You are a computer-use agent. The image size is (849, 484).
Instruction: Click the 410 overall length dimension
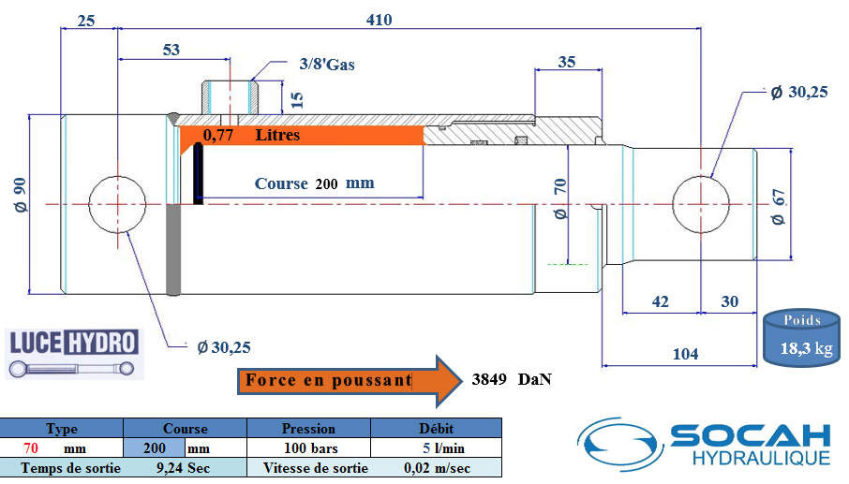pos(379,20)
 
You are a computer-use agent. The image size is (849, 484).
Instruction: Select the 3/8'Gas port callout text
pos(327,65)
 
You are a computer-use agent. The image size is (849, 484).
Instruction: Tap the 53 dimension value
pos(171,50)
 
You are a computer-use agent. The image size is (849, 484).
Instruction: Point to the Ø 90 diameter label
pos(20,195)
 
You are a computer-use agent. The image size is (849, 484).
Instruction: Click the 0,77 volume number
pos(218,135)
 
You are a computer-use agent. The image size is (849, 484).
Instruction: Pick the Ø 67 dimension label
pos(778,207)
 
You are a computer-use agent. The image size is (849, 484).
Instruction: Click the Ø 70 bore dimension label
pos(560,198)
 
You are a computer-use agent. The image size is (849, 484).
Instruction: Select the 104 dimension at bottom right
pos(686,354)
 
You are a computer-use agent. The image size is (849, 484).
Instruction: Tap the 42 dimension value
pos(660,301)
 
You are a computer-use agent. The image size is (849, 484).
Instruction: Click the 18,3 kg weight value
pos(806,348)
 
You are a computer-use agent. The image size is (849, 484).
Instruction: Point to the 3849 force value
pos(489,379)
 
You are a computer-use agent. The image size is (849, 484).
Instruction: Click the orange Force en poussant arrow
pos(350,381)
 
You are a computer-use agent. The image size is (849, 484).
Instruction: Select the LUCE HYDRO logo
pos(74,354)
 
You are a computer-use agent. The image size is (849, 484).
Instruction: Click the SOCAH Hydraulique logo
pos(704,444)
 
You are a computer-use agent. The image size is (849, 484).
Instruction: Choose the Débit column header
pos(437,429)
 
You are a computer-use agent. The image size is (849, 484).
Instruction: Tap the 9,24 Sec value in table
pos(183,468)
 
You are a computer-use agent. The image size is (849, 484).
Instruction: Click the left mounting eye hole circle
pos(117,204)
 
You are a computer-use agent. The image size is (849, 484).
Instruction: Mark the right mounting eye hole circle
pos(701,204)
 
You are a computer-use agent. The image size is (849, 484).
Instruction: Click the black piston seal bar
pos(198,173)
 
